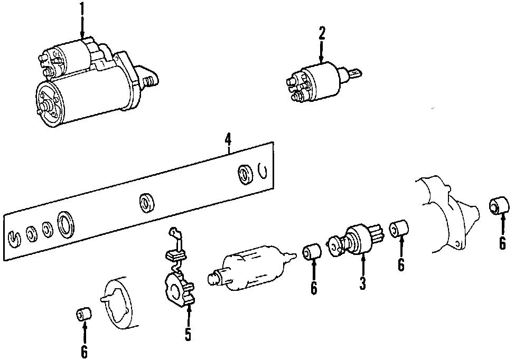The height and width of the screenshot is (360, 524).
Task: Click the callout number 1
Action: (82, 8)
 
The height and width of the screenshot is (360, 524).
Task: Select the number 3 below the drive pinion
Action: (363, 283)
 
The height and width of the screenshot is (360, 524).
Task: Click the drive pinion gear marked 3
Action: (354, 240)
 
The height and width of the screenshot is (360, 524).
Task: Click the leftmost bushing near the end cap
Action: (83, 315)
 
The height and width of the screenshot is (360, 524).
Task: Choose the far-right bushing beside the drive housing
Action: (499, 204)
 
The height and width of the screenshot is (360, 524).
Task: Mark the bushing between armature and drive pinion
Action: (312, 252)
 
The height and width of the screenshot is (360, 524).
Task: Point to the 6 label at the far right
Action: (502, 243)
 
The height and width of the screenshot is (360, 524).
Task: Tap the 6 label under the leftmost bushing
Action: (85, 351)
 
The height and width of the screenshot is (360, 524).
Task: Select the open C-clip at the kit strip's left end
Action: (16, 238)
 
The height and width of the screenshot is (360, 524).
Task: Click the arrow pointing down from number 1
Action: (82, 27)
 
